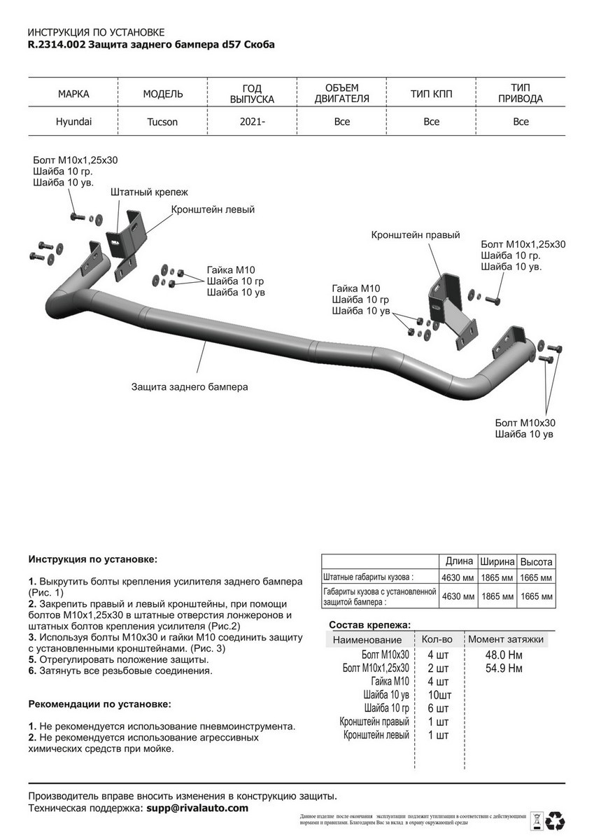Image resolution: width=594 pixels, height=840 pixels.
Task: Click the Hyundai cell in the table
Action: [73, 121]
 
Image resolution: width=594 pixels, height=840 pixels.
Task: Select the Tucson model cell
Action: [162, 122]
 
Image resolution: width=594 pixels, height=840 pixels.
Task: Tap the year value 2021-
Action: [252, 122]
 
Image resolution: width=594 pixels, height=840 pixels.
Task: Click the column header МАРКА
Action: [73, 94]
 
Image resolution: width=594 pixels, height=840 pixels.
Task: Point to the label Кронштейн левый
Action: [213, 209]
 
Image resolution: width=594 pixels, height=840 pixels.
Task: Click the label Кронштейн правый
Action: [415, 235]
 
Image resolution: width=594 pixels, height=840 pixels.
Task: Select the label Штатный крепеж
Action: [149, 191]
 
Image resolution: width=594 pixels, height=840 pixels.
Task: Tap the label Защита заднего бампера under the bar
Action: [190, 386]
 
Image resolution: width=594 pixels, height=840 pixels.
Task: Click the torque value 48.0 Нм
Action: [504, 654]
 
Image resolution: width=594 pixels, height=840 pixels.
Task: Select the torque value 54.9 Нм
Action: [504, 668]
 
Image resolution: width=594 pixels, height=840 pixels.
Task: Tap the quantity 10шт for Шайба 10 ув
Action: [439, 695]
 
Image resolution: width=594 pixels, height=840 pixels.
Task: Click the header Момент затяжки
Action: [505, 639]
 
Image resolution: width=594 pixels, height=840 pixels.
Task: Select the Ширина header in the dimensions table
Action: [497, 561]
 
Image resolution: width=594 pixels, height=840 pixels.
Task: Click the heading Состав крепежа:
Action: [369, 625]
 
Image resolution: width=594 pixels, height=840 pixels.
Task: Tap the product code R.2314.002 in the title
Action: [57, 44]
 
